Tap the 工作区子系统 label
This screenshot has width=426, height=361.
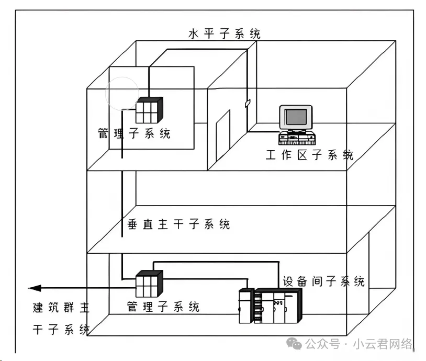[309, 155]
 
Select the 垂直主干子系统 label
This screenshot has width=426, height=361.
[178, 224]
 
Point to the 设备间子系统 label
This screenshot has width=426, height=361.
[323, 281]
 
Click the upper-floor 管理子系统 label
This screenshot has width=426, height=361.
[134, 133]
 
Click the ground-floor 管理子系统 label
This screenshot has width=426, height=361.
[163, 307]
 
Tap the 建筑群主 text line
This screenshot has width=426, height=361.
[61, 307]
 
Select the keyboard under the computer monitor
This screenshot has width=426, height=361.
[297, 138]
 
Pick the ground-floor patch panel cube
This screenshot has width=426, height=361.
[149, 284]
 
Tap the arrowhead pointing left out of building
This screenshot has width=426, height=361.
[35, 288]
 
